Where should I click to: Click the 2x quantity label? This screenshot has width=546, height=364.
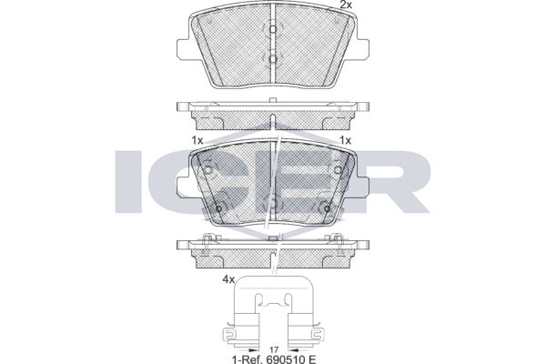pos(346,5)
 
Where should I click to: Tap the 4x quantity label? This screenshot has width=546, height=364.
pos(228,279)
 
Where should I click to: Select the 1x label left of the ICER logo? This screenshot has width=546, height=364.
pos(197,140)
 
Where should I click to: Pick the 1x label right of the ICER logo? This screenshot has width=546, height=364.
pos(346,140)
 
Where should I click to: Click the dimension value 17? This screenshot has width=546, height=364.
pos(274,349)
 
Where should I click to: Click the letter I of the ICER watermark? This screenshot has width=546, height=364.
pos(129,181)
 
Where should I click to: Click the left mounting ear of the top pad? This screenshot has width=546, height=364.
pos(184,49)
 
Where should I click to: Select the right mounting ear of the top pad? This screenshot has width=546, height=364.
pos(362,49)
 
